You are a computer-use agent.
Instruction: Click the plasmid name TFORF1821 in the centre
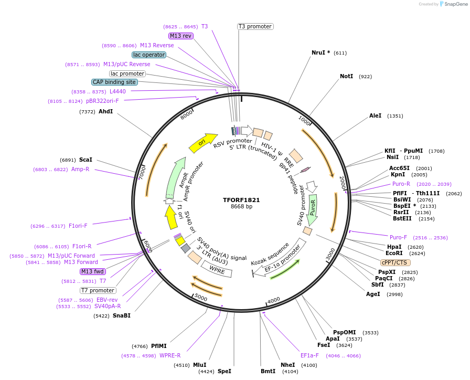point(241,200)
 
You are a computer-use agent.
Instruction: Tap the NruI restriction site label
point(321,52)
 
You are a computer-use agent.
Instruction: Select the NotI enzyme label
point(346,76)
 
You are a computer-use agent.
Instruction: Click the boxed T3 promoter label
point(255,26)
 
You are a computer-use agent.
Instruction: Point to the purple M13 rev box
point(181,36)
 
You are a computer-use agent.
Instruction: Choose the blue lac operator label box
point(149,55)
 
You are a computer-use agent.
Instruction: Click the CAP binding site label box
point(115,82)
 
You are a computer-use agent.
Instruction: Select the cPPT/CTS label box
point(396,262)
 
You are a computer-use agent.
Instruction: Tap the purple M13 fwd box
point(92,271)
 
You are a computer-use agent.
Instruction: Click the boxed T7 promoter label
point(98,290)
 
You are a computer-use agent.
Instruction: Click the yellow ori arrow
point(202,142)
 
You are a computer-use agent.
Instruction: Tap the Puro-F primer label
point(398,237)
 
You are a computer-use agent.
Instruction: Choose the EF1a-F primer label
point(309,355)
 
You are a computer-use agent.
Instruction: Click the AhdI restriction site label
point(105,111)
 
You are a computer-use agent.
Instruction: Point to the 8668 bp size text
point(241,207)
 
